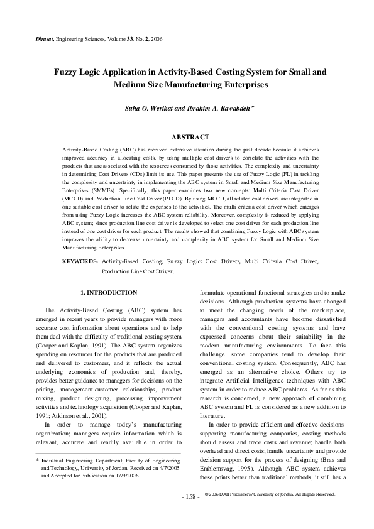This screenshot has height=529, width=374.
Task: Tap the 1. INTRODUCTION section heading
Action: point(109,293)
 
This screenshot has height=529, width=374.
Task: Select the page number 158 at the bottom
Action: point(189,514)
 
